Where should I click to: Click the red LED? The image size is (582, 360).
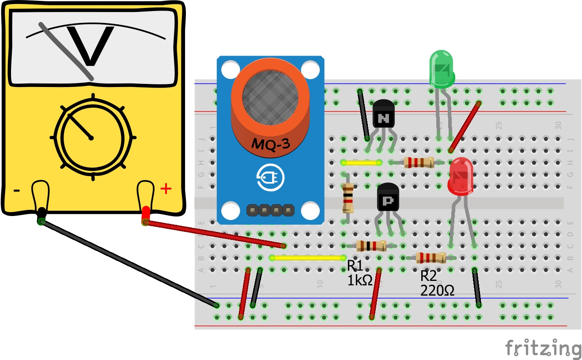(461, 177)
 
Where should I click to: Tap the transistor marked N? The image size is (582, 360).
(383, 115)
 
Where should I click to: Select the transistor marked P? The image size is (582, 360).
(388, 197)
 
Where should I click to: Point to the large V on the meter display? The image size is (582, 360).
(91, 46)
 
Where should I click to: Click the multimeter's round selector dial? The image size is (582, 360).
(91, 137)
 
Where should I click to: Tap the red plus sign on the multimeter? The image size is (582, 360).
(166, 189)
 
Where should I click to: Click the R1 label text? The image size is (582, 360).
(355, 266)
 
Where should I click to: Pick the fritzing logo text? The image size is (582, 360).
(543, 349)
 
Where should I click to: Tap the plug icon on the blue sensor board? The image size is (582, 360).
(270, 178)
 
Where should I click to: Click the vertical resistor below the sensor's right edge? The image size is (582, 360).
(348, 198)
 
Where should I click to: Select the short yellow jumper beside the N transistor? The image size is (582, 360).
(362, 163)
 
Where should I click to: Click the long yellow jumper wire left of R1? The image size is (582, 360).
(308, 258)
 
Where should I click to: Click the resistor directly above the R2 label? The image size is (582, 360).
(431, 257)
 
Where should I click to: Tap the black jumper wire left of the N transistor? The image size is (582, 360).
(364, 115)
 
